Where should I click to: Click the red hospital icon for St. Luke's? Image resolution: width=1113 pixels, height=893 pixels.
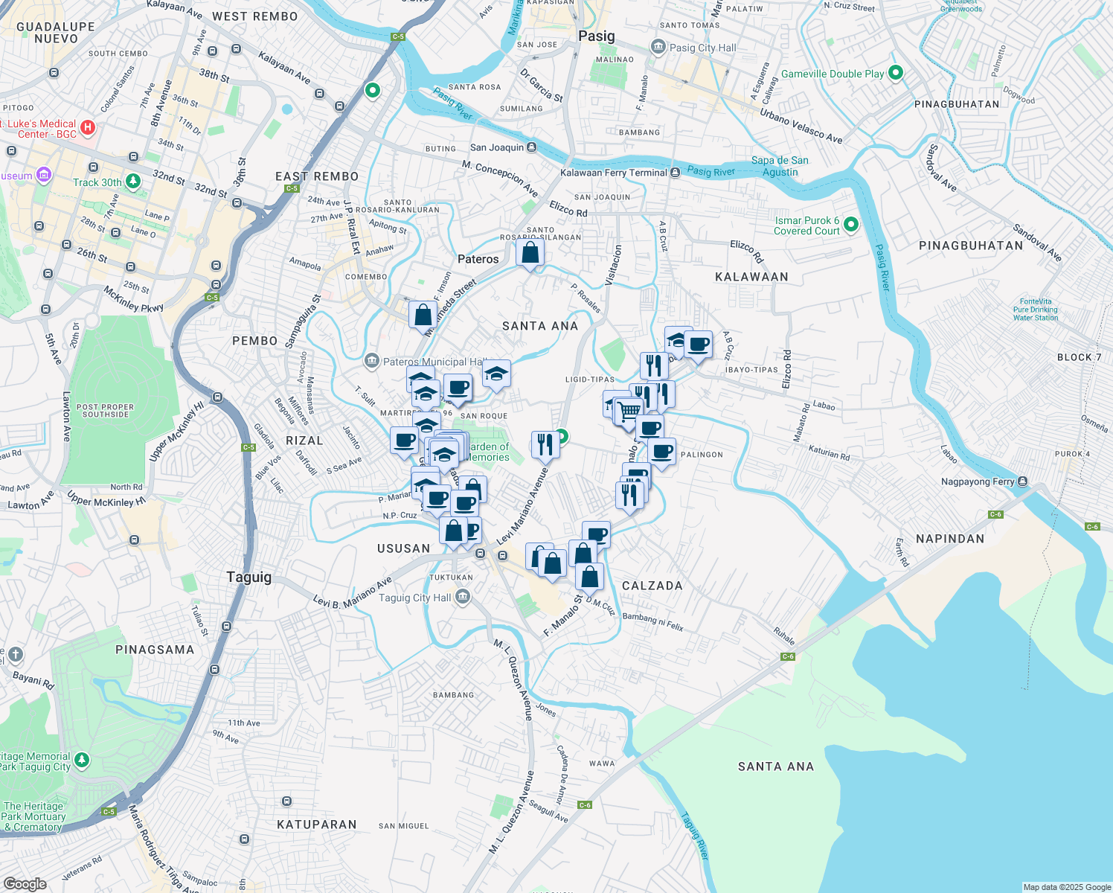[x=88, y=127]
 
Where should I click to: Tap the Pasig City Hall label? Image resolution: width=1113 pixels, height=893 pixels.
[x=702, y=48]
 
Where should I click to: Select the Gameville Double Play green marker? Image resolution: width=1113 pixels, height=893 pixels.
[x=896, y=73]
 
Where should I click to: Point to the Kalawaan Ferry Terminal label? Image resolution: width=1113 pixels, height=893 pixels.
[x=614, y=173]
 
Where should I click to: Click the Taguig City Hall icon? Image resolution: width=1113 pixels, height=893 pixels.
[x=463, y=597]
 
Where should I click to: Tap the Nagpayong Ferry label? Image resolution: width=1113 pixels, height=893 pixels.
[x=977, y=481]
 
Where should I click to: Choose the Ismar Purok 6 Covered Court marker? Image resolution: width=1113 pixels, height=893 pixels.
[x=851, y=224]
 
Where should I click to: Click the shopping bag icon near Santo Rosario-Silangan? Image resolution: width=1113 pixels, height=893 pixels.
[x=530, y=253]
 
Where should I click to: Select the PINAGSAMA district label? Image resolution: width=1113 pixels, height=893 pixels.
[x=155, y=650]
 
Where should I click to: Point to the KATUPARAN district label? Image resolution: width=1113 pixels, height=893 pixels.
[x=317, y=825]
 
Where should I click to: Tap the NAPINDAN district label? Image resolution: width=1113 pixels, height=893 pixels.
[x=950, y=539]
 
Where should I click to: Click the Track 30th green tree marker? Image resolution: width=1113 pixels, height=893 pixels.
[x=133, y=181]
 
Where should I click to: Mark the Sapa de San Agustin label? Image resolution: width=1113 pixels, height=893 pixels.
[x=780, y=166]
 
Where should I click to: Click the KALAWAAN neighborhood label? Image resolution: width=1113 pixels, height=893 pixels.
[x=751, y=277]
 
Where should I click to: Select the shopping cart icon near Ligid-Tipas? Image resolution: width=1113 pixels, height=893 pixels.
[x=629, y=410]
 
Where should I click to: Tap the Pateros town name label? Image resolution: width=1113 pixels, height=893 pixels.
[x=478, y=259]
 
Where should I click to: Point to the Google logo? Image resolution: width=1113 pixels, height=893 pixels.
[x=25, y=883]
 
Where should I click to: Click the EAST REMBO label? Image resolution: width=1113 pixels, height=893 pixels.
[x=317, y=176]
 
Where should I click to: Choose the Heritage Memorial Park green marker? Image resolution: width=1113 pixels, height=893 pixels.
[x=82, y=760]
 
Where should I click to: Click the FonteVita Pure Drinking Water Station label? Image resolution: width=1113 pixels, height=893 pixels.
[x=1035, y=310]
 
